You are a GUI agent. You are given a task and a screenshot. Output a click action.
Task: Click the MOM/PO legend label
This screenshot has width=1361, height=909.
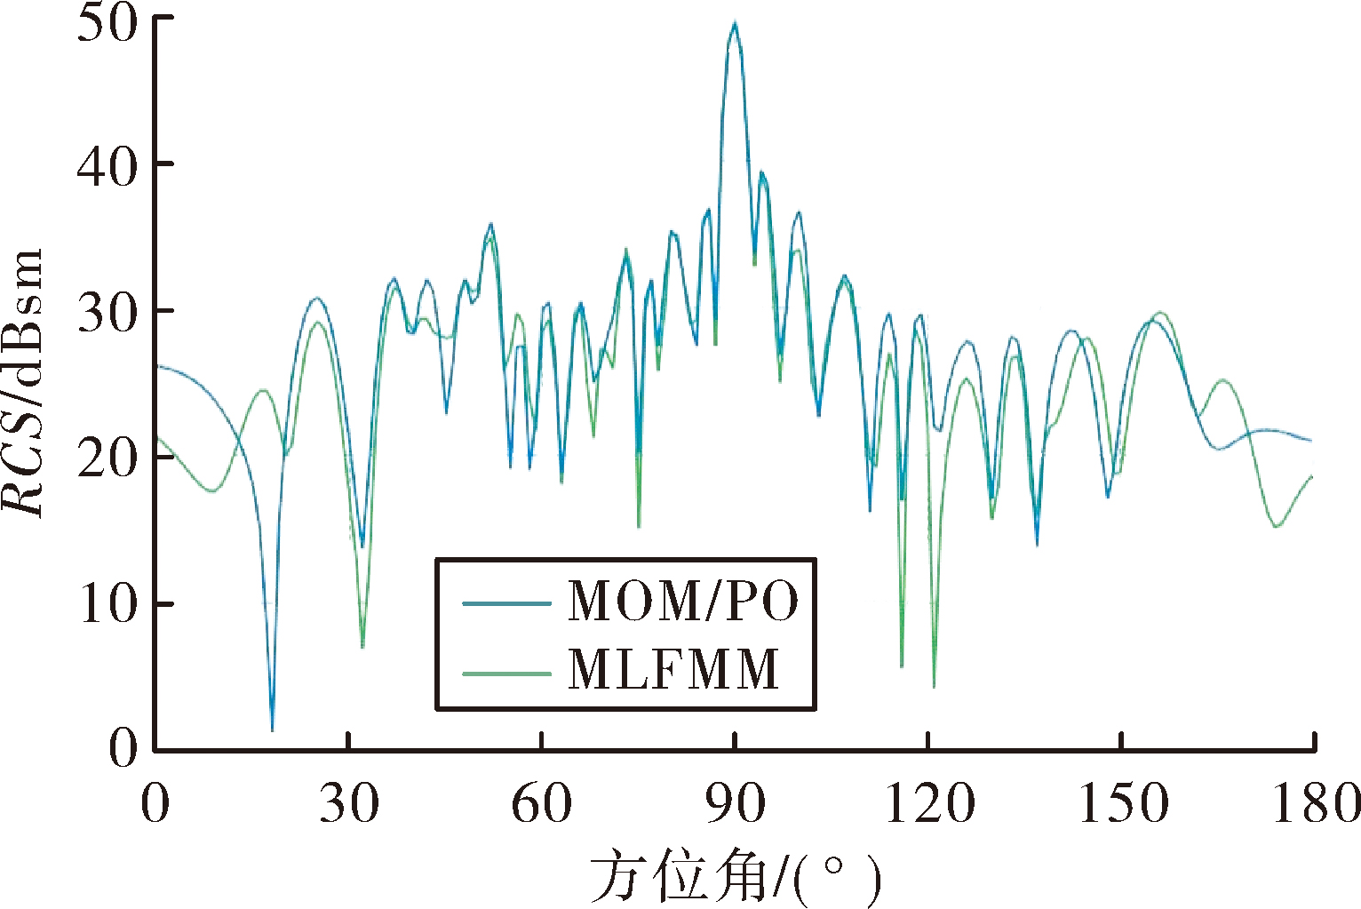pyautogui.click(x=683, y=601)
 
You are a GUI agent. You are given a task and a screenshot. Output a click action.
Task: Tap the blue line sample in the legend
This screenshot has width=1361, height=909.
pyautogui.click(x=506, y=603)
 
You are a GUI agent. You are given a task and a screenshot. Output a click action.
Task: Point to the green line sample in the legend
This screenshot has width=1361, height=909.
pyautogui.click(x=506, y=674)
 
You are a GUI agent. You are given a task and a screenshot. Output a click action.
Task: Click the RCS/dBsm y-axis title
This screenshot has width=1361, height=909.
pyautogui.click(x=23, y=383)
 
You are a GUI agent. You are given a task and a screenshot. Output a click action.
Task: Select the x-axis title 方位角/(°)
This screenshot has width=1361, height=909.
pyautogui.click(x=736, y=879)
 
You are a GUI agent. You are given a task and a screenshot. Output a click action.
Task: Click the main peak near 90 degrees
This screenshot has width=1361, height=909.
pyautogui.click(x=735, y=22)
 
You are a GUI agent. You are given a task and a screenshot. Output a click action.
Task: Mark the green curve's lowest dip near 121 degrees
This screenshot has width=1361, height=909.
pyautogui.click(x=934, y=687)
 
